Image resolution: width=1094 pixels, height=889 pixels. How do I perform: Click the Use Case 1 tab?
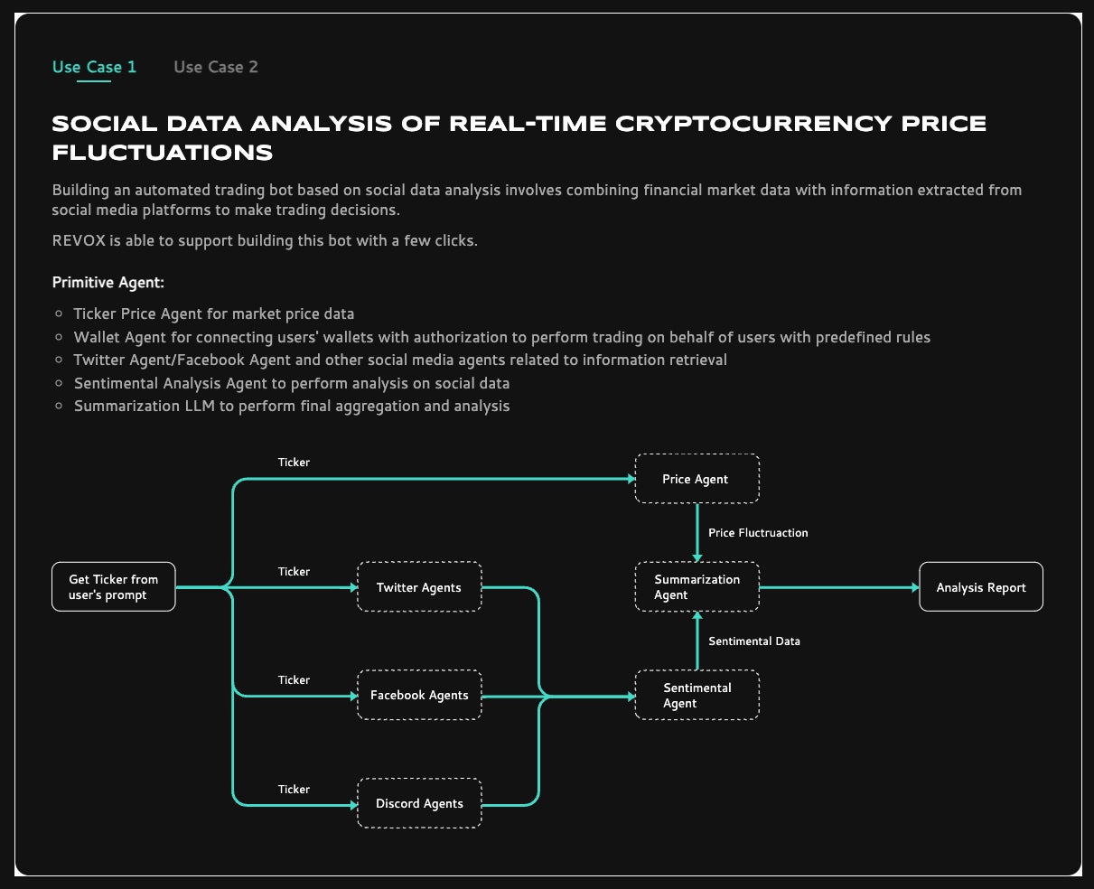tap(94, 67)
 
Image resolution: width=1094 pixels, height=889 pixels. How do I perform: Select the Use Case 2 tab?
tap(216, 67)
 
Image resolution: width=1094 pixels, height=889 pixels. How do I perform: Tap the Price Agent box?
tap(696, 479)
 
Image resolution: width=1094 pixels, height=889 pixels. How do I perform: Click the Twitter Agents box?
tap(419, 587)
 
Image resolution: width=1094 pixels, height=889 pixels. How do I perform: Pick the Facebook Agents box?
tap(419, 695)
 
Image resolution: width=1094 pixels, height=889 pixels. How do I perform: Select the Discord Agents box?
tap(419, 803)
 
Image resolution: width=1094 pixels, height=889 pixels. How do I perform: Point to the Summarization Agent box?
tap(697, 587)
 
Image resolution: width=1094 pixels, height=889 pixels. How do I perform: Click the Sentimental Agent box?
tap(697, 695)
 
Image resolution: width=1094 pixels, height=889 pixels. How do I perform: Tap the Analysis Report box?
tap(981, 587)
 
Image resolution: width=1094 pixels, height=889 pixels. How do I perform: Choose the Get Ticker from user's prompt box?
tap(114, 587)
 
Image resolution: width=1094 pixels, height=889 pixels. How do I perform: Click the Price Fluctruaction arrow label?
tap(758, 533)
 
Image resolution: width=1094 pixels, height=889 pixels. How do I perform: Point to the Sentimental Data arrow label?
tap(754, 641)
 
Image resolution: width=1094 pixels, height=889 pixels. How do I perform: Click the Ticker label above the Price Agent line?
tap(294, 463)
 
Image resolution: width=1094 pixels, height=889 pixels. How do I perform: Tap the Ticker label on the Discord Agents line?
tap(294, 790)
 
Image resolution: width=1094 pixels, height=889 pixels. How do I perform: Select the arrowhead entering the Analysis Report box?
tap(914, 587)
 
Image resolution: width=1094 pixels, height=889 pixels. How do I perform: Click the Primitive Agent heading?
tap(108, 283)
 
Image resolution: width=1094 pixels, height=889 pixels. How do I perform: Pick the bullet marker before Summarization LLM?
tap(60, 407)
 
